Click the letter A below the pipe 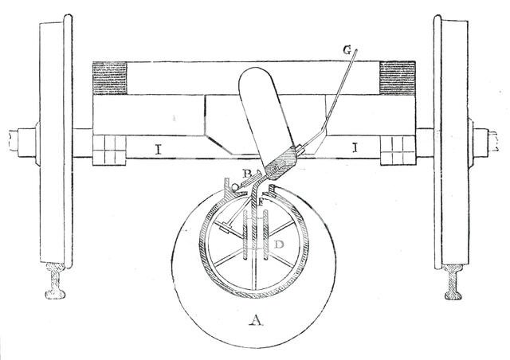pyautogui.click(x=255, y=322)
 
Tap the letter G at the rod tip pyautogui.click(x=347, y=49)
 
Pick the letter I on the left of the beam pyautogui.click(x=159, y=148)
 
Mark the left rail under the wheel pyautogui.click(x=57, y=282)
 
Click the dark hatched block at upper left pyautogui.click(x=110, y=78)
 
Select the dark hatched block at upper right pyautogui.click(x=400, y=78)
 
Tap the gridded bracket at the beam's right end pyautogui.click(x=398, y=149)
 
